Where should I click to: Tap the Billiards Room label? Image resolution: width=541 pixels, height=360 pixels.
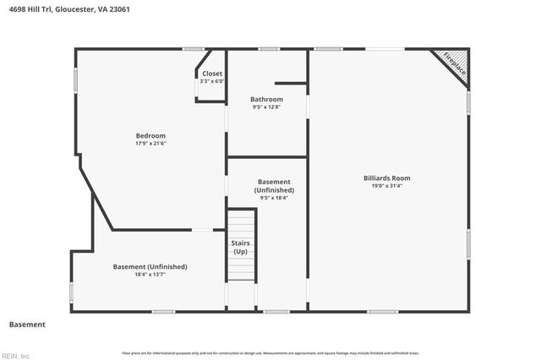[387, 178]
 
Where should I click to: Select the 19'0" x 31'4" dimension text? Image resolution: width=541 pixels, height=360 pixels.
[387, 187]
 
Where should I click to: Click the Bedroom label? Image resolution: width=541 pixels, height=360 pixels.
[150, 135]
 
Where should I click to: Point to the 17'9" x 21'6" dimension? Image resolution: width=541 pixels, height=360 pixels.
[150, 144]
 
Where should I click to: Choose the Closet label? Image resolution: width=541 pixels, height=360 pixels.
[212, 74]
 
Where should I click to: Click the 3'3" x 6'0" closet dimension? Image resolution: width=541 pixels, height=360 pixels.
[212, 81]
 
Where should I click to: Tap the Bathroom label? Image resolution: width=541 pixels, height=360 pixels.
[266, 99]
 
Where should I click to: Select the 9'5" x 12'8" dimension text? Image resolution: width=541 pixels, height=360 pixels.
[266, 106]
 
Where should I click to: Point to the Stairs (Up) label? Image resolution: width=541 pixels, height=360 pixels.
[241, 247]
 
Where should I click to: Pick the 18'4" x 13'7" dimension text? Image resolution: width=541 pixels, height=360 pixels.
[150, 275]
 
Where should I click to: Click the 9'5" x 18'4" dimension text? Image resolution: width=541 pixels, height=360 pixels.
[274, 198]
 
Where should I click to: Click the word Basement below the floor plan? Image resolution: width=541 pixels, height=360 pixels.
[27, 325]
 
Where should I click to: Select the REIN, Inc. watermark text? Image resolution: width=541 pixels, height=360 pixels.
[15, 356]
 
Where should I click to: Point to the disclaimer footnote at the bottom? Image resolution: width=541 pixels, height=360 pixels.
[270, 352]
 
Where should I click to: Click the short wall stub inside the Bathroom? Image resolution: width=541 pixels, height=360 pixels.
[291, 83]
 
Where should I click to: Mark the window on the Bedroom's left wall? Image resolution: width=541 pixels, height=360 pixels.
[75, 80]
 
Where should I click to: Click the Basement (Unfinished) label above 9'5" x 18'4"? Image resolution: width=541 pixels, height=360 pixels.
[274, 186]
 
